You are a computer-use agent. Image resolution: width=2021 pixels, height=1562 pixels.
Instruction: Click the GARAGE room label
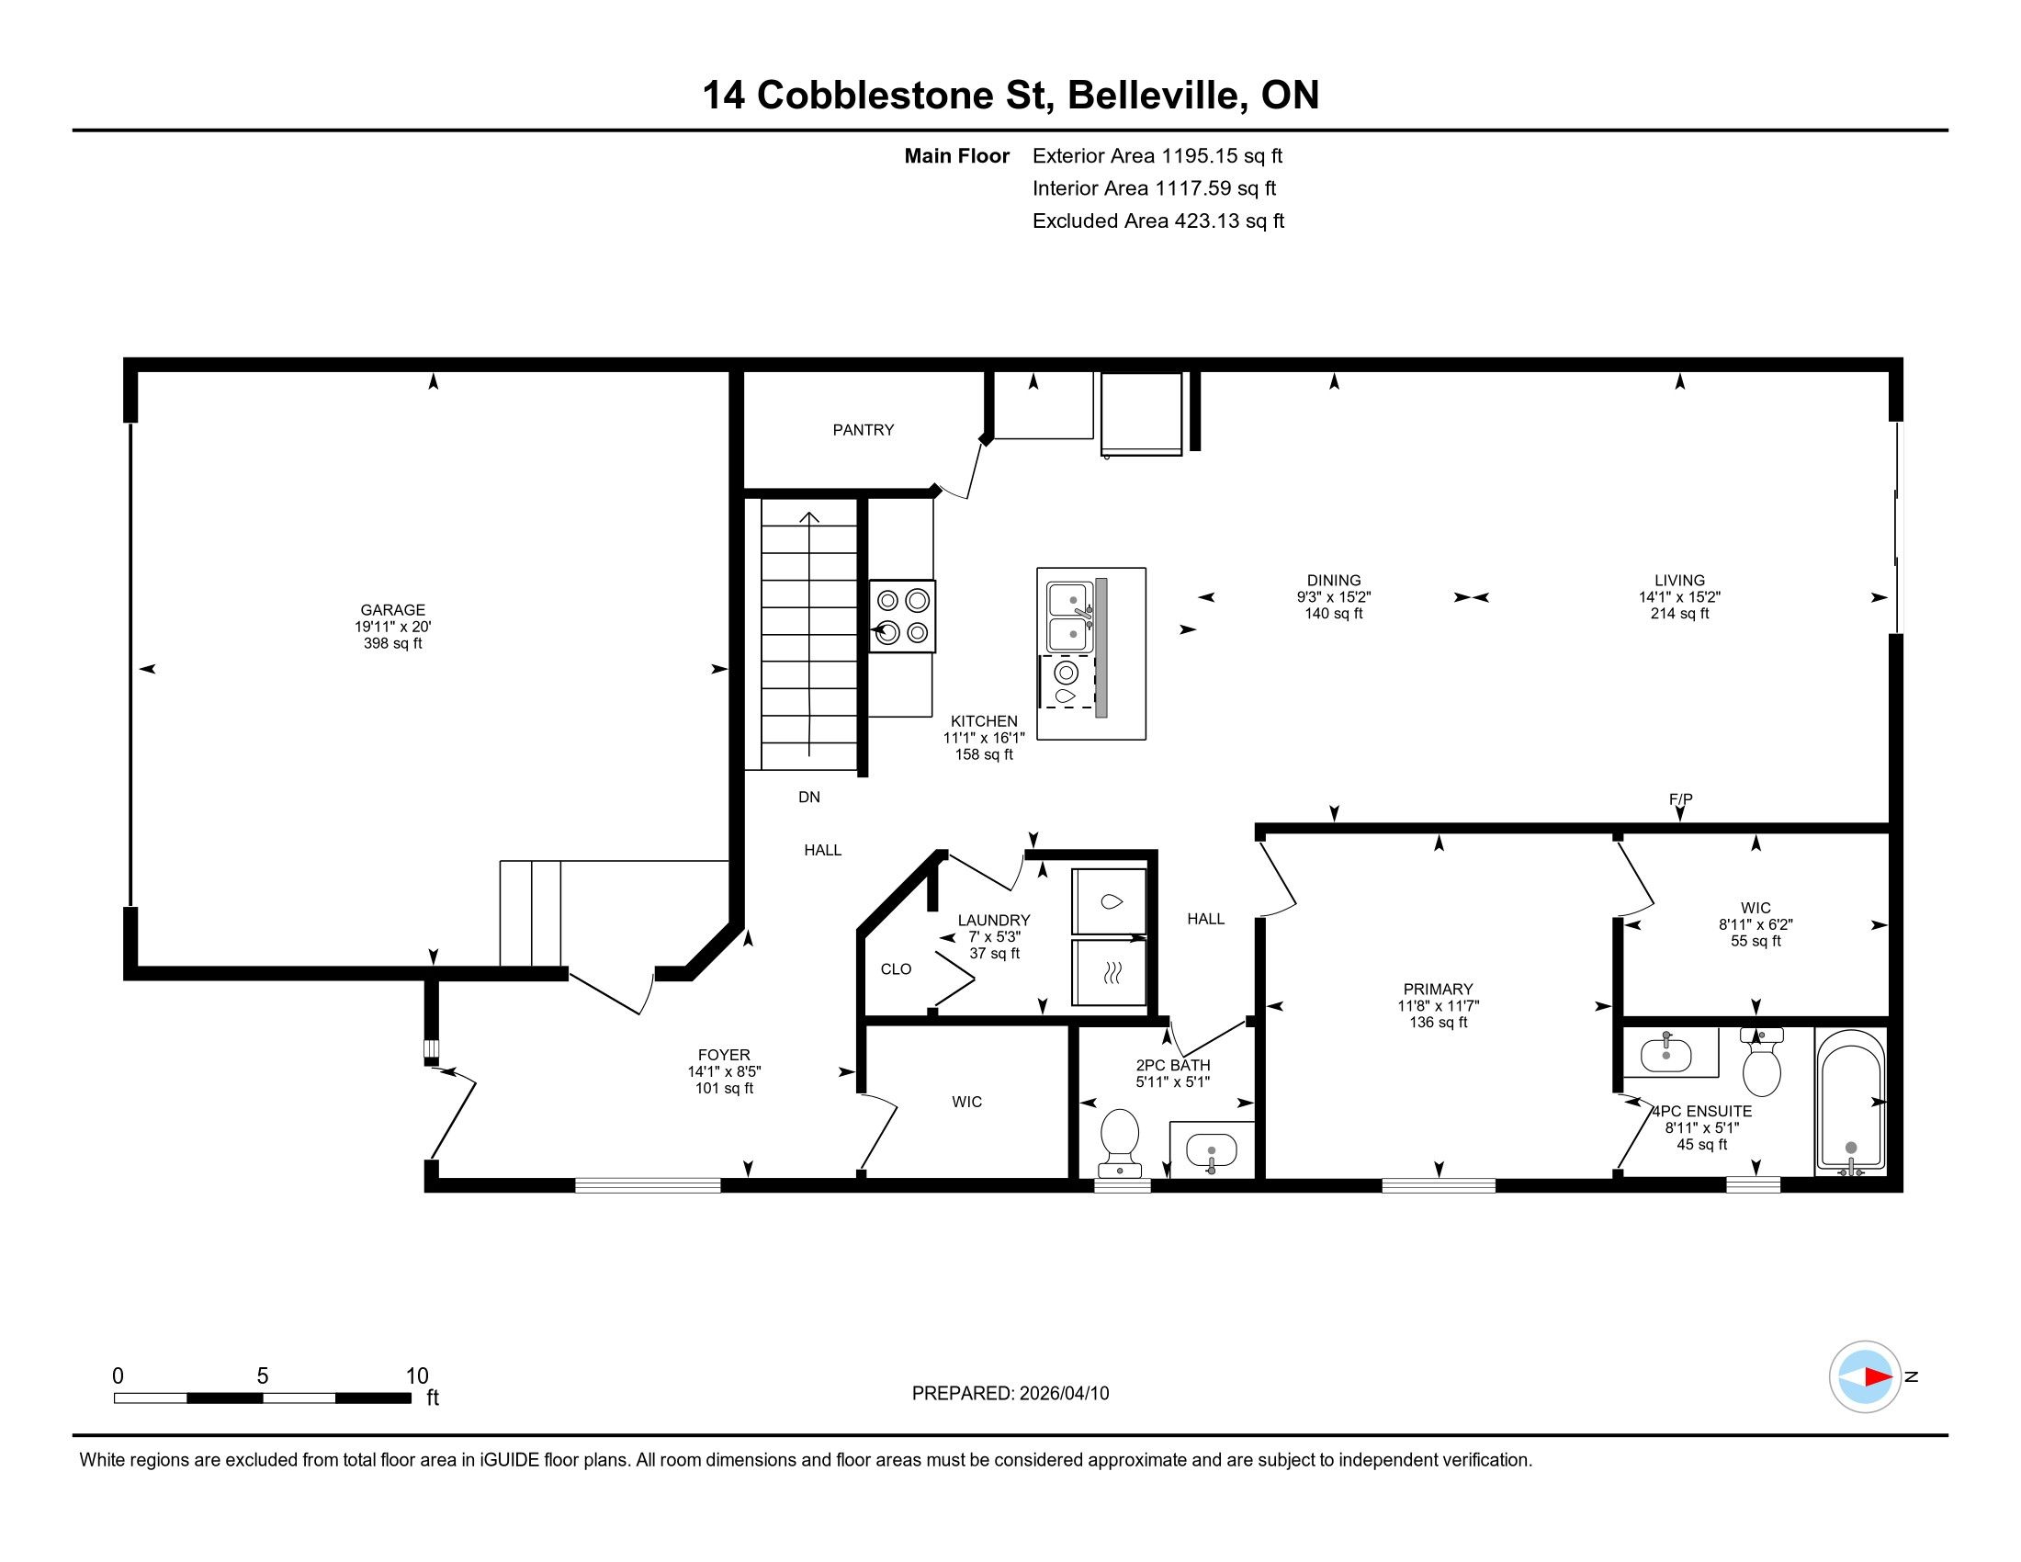click(392, 610)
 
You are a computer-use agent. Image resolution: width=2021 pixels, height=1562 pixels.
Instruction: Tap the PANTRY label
click(863, 429)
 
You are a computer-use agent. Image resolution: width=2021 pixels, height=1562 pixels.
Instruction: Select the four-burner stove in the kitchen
click(902, 617)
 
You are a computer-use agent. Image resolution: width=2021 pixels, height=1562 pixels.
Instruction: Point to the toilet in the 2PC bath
click(1119, 1139)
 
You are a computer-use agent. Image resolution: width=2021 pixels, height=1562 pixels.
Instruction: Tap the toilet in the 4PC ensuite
click(1761, 1063)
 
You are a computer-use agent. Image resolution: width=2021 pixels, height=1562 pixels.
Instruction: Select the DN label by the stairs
click(808, 797)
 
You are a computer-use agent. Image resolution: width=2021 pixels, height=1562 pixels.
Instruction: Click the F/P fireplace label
click(1680, 798)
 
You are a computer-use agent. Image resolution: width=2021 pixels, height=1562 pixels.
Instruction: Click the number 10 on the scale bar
click(416, 1376)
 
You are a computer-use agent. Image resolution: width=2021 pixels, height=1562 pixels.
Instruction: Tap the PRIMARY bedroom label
click(1437, 990)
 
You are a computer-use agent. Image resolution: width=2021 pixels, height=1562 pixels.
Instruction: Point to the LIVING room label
click(1679, 580)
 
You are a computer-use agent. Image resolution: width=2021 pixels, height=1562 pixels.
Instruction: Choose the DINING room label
click(1334, 580)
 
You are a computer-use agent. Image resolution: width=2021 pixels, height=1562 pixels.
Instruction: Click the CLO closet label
click(896, 968)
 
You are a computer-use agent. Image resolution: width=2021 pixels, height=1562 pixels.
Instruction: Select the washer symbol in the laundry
click(1109, 901)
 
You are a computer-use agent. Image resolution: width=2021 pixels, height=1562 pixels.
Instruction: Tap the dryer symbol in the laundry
click(1109, 971)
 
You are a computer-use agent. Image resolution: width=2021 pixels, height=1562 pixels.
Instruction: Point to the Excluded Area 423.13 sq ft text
click(1157, 221)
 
